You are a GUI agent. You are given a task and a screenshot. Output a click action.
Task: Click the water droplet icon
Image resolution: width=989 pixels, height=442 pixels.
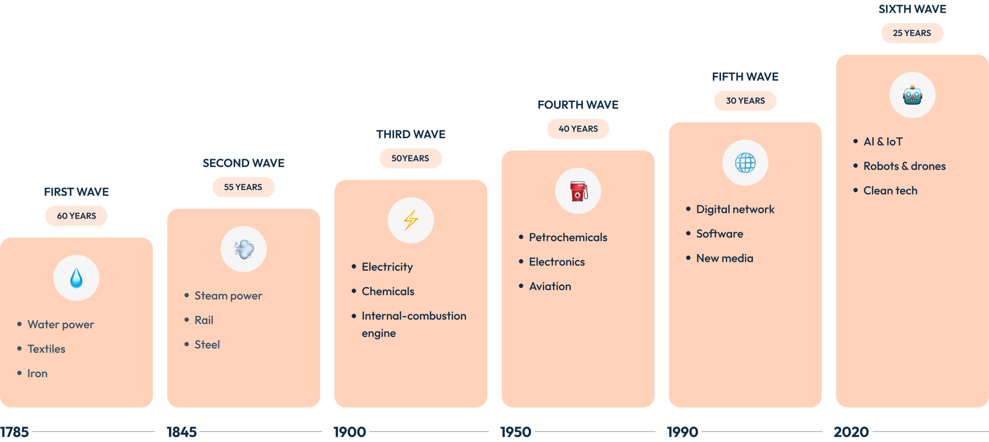[x=76, y=278]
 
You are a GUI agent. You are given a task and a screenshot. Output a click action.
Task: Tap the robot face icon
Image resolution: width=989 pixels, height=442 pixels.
[x=912, y=95]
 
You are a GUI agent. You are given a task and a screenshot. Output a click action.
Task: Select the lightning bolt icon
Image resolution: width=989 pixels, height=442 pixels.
[x=410, y=220]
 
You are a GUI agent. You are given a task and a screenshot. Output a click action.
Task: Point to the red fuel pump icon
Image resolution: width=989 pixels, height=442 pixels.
[x=578, y=191]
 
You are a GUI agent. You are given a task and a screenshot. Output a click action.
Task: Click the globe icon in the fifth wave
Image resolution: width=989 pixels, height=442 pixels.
[x=745, y=163]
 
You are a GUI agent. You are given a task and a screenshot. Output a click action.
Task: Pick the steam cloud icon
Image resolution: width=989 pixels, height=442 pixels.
[x=244, y=249]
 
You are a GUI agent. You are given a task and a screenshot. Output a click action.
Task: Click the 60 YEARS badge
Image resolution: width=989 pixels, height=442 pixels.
[x=76, y=216]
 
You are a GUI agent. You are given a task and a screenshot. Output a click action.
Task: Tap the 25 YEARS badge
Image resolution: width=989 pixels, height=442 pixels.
[x=912, y=33]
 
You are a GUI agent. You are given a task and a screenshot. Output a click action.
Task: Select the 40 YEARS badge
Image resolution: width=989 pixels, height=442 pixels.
[x=578, y=129]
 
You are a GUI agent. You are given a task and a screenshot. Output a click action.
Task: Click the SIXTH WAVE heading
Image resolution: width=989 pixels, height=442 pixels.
[x=912, y=9]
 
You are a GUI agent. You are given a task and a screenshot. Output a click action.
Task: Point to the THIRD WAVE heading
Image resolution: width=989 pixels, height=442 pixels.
[x=411, y=134]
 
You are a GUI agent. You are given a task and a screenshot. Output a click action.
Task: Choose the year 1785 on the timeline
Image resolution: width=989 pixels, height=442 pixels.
[x=14, y=432]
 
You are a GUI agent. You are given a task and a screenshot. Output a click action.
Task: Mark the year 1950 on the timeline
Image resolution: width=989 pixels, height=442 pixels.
[x=516, y=432]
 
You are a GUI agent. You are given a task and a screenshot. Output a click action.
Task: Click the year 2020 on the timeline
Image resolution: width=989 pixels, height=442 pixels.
[x=851, y=432]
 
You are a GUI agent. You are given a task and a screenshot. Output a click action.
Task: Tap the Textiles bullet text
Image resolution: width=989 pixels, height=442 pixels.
[x=46, y=349]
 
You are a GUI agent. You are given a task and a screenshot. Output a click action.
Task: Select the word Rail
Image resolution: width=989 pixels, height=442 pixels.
[x=204, y=320]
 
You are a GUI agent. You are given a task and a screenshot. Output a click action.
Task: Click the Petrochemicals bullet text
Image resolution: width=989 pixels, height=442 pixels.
[x=568, y=237]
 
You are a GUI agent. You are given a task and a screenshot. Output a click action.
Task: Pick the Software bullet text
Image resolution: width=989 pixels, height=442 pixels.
[x=720, y=234]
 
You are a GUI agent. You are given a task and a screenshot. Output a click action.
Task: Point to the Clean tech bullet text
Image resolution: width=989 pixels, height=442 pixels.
[x=890, y=191]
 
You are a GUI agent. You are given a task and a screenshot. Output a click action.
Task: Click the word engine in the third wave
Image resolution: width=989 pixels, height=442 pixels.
[x=379, y=334]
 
